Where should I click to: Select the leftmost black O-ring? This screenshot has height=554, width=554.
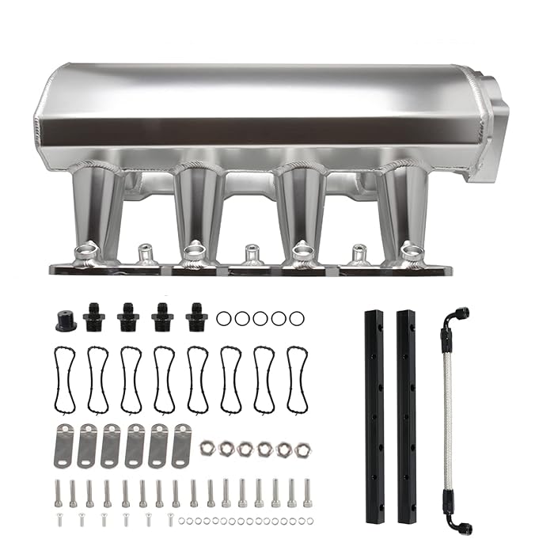coord(224,318)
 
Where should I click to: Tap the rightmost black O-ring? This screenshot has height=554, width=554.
coord(296,318)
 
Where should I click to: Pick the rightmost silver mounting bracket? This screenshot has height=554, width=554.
coord(182,446)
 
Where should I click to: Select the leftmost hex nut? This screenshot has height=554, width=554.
coord(208,448)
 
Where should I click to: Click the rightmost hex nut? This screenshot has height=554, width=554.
coord(302,449)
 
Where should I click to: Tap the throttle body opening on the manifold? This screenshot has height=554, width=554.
coord(484,127)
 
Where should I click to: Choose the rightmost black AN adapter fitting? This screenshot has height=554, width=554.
coord(196,318)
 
